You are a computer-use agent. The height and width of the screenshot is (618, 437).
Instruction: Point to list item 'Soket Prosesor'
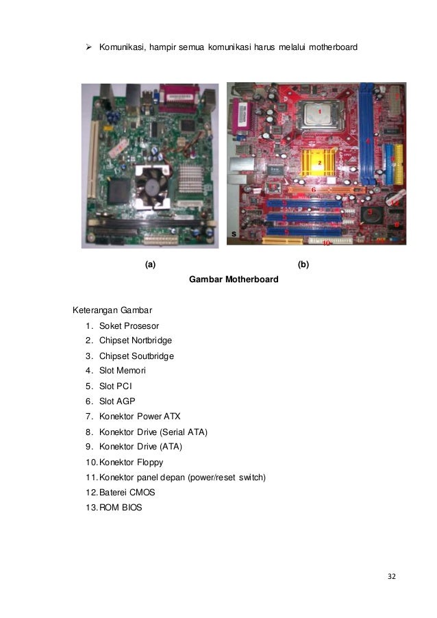click(x=129, y=325)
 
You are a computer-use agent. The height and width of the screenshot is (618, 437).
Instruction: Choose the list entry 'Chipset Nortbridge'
click(x=136, y=341)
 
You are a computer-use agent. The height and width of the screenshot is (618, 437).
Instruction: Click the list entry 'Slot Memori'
click(x=123, y=371)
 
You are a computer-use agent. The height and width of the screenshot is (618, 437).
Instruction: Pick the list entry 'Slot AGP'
click(x=118, y=401)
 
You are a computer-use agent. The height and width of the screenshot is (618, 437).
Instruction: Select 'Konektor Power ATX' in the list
click(x=140, y=417)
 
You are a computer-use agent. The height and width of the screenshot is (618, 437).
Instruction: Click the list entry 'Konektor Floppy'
click(x=131, y=462)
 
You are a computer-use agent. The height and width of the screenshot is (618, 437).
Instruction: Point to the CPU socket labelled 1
click(x=319, y=114)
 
